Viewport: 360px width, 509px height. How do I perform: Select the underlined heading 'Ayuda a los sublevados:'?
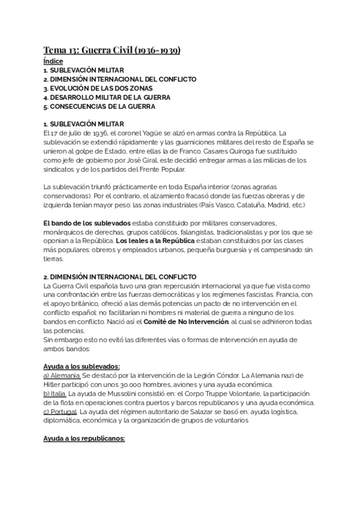[81, 366]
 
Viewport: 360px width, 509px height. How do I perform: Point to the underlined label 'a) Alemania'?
[62, 375]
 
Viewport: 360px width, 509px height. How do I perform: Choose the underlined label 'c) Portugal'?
[60, 411]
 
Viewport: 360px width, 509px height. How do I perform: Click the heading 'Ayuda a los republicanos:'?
[83, 438]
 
